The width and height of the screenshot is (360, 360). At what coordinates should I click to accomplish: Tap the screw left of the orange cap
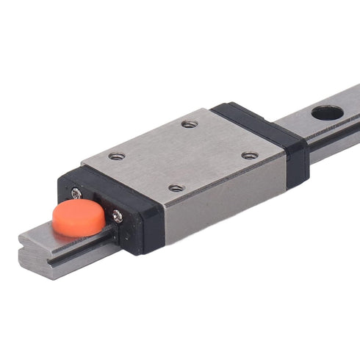[77, 192]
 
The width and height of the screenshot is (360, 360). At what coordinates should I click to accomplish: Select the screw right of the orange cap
[117, 215]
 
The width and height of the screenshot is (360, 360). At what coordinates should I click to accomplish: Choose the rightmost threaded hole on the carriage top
[251, 155]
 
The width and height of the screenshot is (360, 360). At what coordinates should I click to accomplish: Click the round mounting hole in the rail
[326, 114]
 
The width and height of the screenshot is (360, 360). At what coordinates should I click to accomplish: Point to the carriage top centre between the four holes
[184, 156]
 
